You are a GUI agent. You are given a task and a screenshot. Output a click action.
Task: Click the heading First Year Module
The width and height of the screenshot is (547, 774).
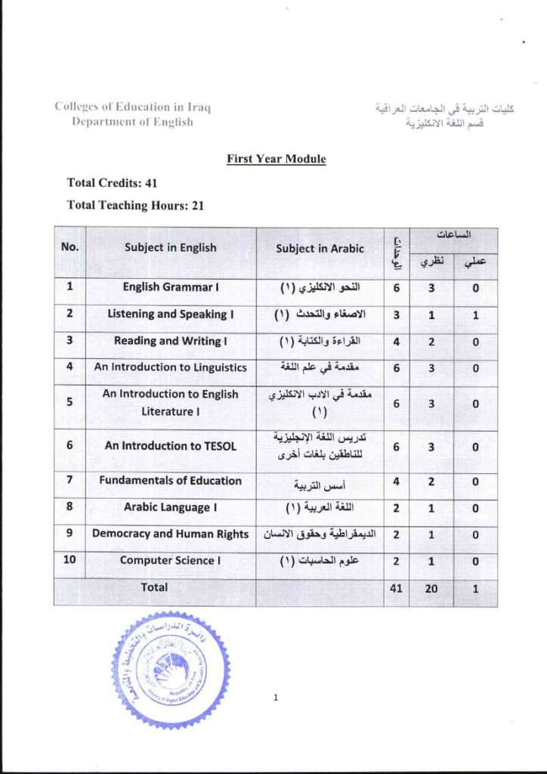click(276, 159)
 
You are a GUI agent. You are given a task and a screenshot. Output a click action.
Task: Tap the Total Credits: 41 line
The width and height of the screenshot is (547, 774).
click(112, 182)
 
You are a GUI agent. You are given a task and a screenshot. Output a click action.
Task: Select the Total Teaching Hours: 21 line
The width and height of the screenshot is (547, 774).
click(135, 205)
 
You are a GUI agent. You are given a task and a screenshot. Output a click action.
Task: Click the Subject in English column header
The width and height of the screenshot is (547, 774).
click(171, 247)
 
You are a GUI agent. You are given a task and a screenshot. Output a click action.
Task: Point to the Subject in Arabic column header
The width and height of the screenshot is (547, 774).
click(320, 248)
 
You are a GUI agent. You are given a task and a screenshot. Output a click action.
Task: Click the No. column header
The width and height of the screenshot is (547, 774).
click(70, 246)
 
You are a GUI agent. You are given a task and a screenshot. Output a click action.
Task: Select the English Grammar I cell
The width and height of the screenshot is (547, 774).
click(171, 287)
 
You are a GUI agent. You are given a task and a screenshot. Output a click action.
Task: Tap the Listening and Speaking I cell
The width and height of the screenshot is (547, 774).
click(171, 314)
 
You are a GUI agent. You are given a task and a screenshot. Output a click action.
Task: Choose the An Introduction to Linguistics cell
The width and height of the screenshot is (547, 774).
click(171, 367)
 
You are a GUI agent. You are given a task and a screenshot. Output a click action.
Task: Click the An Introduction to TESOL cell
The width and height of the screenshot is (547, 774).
click(171, 446)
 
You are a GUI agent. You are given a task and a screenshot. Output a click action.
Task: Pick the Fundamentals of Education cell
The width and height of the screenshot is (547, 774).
click(171, 481)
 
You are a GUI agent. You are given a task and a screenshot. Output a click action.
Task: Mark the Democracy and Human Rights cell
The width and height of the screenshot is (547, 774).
click(171, 534)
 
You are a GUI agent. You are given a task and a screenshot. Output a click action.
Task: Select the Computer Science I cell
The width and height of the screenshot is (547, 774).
click(171, 561)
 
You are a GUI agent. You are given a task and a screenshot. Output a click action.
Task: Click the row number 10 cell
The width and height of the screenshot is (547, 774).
click(70, 561)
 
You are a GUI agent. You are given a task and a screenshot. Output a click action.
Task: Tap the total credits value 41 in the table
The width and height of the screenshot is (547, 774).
click(396, 588)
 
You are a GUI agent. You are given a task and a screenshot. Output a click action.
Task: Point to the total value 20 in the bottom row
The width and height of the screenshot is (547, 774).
click(431, 588)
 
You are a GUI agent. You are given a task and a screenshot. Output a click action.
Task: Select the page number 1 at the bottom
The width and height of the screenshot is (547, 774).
click(276, 698)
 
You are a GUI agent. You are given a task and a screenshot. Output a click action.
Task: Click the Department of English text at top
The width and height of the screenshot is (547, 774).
click(132, 122)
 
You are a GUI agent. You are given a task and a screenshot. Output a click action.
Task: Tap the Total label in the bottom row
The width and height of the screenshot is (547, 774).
click(154, 587)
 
